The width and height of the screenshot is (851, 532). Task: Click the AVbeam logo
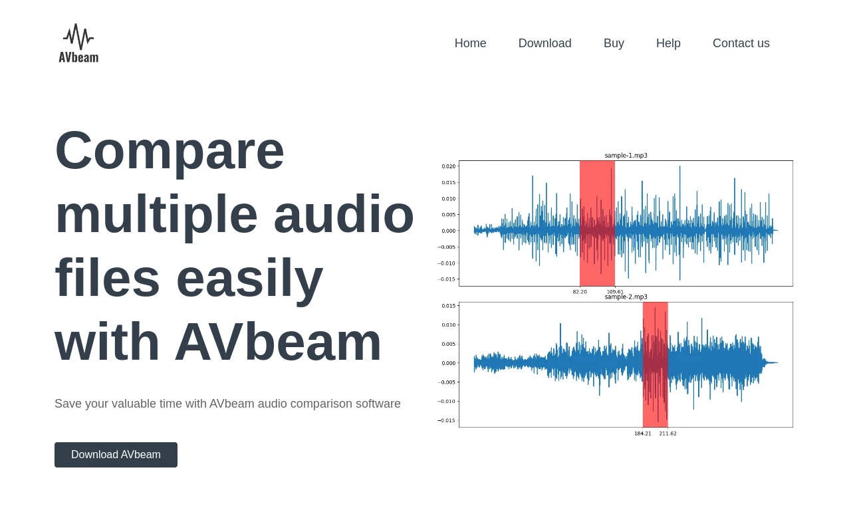point(78,43)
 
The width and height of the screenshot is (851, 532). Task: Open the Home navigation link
point(470,43)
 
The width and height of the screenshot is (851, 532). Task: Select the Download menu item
point(545,43)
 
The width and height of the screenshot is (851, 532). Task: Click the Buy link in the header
point(614,43)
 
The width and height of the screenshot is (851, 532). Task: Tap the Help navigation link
point(668,43)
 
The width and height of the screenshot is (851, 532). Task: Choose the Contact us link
point(741,43)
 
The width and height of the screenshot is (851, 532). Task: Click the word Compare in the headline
point(170,150)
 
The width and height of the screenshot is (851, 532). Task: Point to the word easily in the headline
point(249,279)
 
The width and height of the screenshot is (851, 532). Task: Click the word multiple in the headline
point(156,214)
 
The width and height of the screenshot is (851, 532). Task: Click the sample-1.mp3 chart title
point(626,156)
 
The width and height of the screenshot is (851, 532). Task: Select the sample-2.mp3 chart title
point(626,297)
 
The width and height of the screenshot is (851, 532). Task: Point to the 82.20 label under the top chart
point(580,292)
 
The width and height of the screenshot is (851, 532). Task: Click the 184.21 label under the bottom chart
point(642,434)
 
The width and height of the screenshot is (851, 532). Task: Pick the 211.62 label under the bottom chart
point(668,434)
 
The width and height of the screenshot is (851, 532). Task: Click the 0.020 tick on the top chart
point(449,166)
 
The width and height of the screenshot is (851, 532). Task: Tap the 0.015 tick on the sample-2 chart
point(449,306)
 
